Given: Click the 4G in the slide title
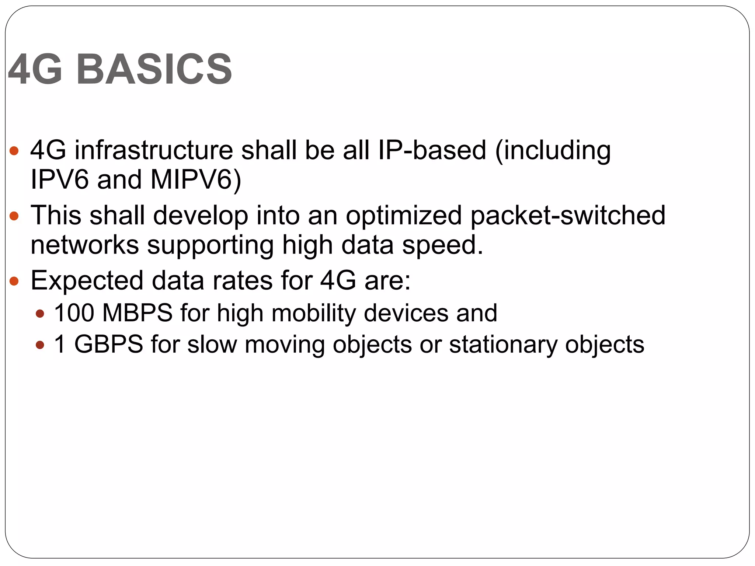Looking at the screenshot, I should (35, 69).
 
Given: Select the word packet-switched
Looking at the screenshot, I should (568, 216).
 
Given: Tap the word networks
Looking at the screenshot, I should (85, 245).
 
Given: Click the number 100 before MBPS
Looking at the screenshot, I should (74, 313).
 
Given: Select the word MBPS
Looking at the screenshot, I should (138, 313).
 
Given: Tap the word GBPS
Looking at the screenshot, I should (109, 345).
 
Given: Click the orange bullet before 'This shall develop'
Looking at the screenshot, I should (14, 216).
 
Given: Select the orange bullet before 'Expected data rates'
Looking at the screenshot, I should (14, 281).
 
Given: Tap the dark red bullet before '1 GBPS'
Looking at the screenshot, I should (40, 345).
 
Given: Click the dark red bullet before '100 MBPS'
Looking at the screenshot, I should (40, 314).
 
